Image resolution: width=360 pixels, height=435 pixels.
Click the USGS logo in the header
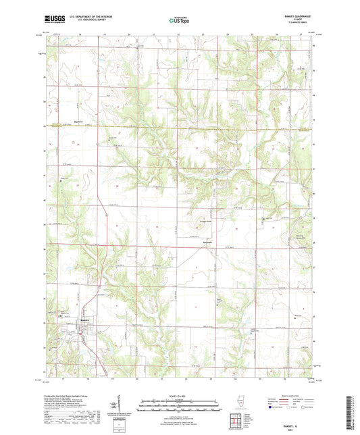[56, 21]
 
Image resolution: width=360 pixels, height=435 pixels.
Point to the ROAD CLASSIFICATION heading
[280, 395]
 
